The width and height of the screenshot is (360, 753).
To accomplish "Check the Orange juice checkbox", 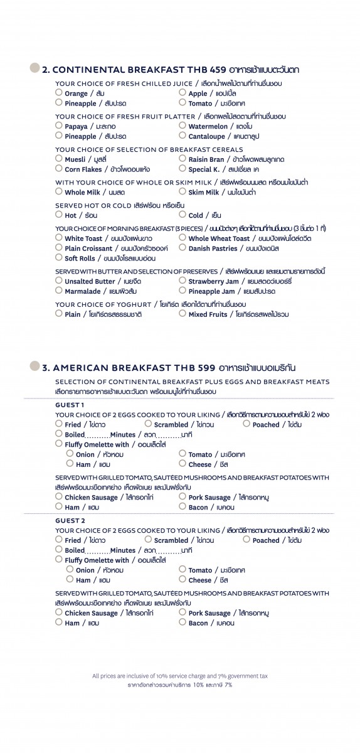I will [x=59, y=93].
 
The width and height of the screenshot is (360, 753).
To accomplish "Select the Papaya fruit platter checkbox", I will [x=59, y=126].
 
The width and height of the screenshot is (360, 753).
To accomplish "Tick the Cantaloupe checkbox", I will [x=183, y=136].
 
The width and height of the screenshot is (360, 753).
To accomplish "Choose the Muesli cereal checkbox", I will [x=59, y=159].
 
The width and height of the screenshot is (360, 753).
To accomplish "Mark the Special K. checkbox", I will [x=183, y=169].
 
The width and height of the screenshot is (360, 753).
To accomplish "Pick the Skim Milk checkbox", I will [x=183, y=191].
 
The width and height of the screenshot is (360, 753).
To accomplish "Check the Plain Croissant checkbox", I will [x=59, y=248].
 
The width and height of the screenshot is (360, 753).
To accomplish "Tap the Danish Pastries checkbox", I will [x=183, y=248].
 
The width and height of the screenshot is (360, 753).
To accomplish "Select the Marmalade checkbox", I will [x=59, y=291].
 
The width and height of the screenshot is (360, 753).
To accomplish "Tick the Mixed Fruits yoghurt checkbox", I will [x=183, y=314].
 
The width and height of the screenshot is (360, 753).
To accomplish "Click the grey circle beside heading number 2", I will [x=35, y=69].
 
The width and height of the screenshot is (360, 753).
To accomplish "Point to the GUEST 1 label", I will [x=69, y=405].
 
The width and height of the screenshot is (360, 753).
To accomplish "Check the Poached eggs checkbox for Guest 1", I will [x=246, y=424].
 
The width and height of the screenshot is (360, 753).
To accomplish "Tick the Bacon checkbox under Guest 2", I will [x=183, y=622].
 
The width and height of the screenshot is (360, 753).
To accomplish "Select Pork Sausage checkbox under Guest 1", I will [x=183, y=497].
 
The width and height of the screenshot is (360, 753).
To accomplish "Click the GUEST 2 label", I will [x=70, y=521].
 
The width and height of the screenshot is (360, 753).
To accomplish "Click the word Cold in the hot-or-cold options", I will [x=196, y=215].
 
